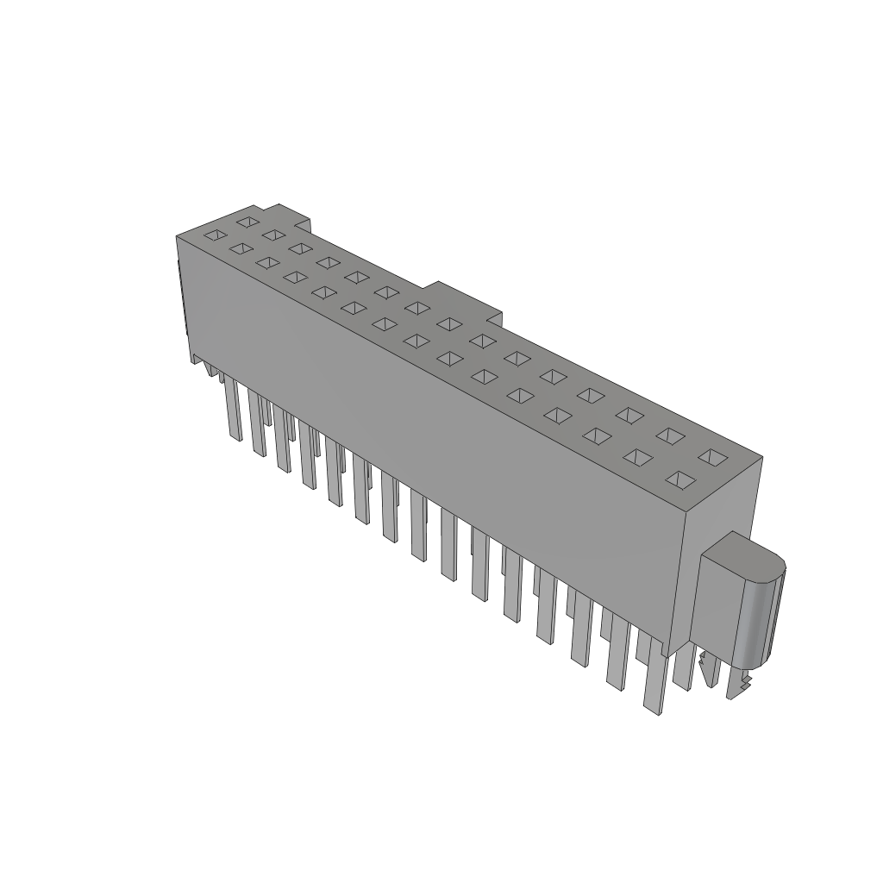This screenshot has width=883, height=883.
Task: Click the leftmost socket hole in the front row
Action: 215,235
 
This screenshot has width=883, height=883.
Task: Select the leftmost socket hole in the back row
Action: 247,222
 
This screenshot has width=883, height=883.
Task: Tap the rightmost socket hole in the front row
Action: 680,479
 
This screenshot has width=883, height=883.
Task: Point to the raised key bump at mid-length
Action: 466,297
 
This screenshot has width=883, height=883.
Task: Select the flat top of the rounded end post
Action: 746,555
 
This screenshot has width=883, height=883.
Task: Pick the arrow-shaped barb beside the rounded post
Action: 709,670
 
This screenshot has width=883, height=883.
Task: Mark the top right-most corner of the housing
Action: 762,456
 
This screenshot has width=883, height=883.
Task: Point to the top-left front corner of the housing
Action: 177,235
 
